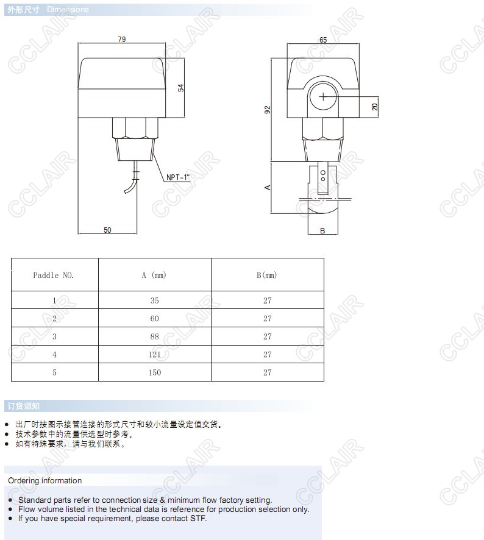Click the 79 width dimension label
click(x=122, y=39)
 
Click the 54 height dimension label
click(x=180, y=88)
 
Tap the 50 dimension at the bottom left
click(x=107, y=230)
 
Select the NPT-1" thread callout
click(x=178, y=177)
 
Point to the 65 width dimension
click(x=323, y=40)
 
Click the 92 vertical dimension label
click(x=268, y=110)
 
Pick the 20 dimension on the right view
click(x=374, y=107)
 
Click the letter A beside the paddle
click(x=268, y=187)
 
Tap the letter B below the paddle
click(x=322, y=231)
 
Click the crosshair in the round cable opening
click(x=323, y=97)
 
